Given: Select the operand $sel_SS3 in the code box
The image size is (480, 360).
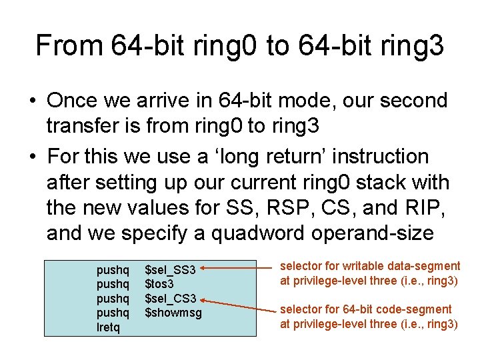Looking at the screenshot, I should [x=170, y=270].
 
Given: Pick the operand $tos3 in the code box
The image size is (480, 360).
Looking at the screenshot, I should [x=159, y=285].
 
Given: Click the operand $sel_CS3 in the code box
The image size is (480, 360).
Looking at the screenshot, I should [x=170, y=299].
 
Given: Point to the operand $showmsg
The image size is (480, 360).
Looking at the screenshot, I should [x=173, y=313].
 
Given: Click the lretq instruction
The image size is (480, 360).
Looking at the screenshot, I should [x=109, y=327].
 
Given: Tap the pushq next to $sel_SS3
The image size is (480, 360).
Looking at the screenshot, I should [x=113, y=270].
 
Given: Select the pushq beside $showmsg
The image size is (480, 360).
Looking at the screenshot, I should [x=113, y=313].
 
